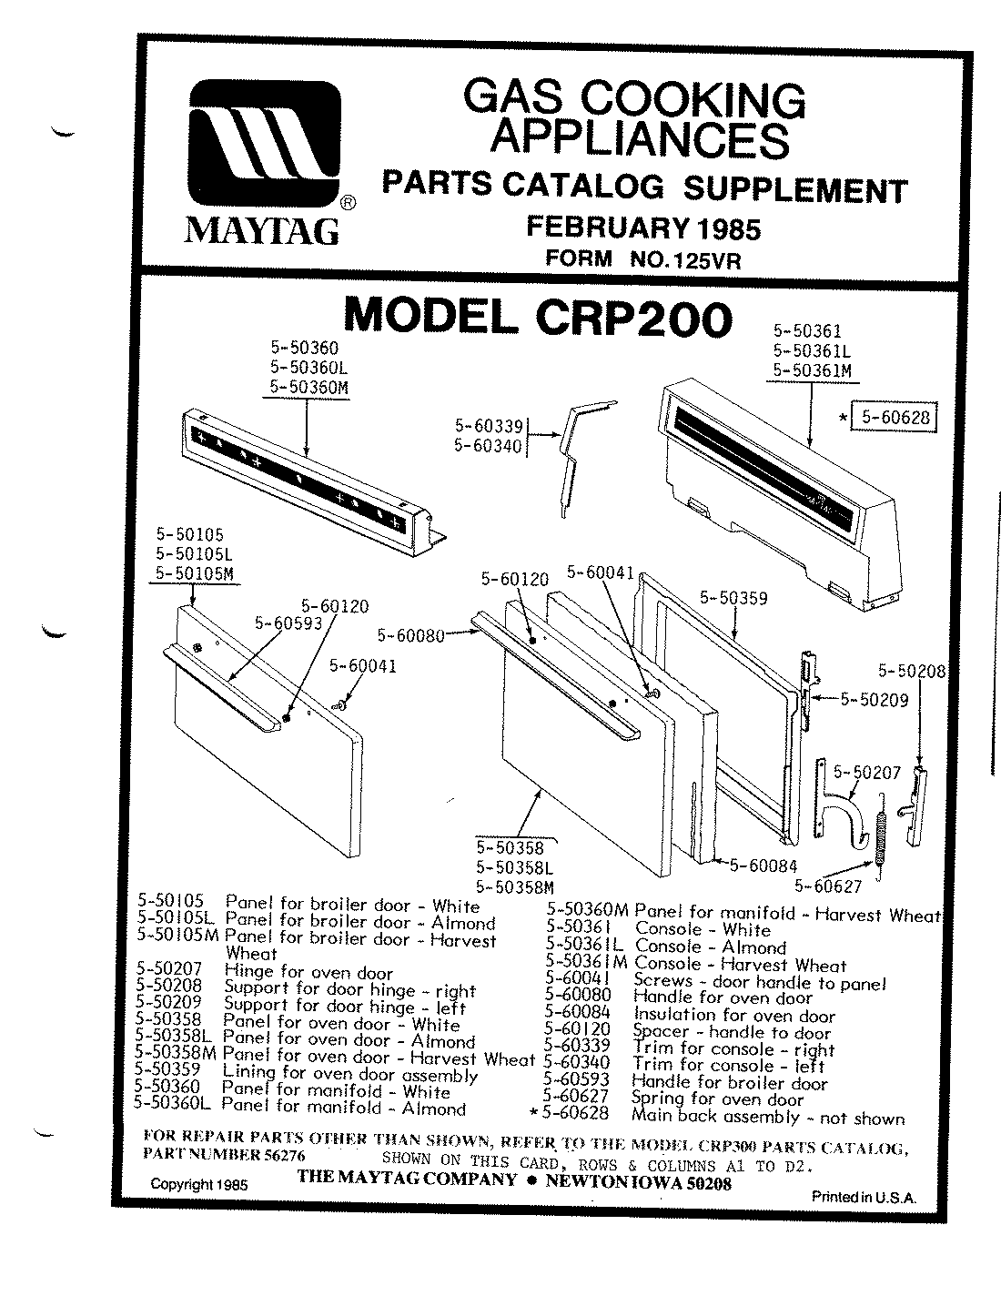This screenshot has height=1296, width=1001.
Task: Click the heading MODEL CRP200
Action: [537, 317]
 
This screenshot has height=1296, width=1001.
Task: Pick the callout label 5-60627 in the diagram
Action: [827, 885]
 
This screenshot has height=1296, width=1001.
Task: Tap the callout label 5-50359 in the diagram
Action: [733, 598]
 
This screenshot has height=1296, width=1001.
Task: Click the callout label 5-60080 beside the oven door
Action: [409, 635]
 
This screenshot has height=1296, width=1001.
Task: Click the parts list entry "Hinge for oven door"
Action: [308, 973]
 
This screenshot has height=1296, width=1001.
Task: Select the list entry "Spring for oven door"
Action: [718, 1099]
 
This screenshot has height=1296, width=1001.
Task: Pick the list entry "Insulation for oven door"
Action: [733, 1016]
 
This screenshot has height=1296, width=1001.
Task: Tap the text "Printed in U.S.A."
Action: [864, 1197]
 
